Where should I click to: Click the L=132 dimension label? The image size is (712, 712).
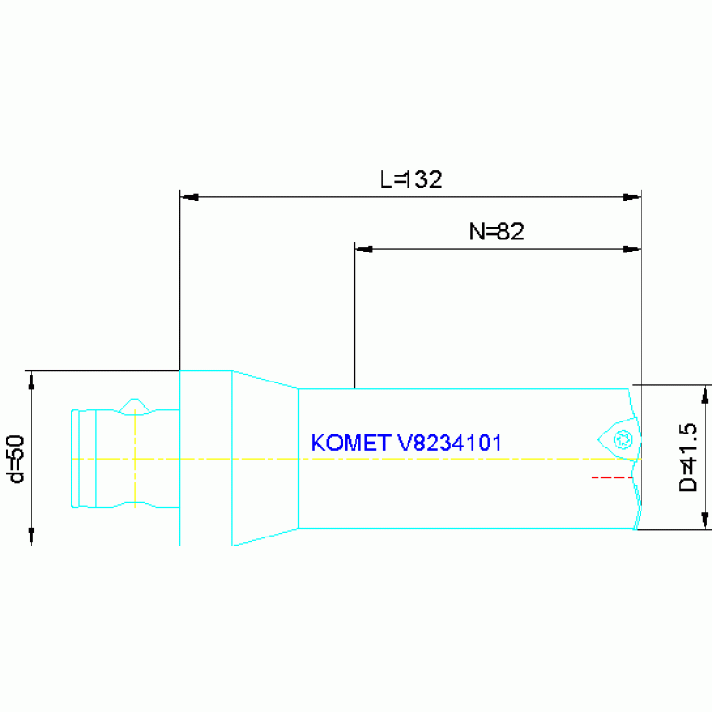tap(410, 179)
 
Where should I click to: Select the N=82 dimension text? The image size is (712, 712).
tap(497, 231)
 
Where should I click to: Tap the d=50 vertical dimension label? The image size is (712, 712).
tap(15, 459)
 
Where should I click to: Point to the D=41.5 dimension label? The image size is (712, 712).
tap(687, 458)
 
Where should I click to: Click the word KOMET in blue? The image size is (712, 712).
tap(351, 443)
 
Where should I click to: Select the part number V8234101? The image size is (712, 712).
tap(449, 443)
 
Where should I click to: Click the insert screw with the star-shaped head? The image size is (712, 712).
tap(623, 439)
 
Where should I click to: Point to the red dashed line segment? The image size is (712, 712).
tap(612, 477)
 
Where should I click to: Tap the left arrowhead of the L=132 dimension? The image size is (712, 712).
tap(188, 197)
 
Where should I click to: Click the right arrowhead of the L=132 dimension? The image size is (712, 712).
tap(631, 197)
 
